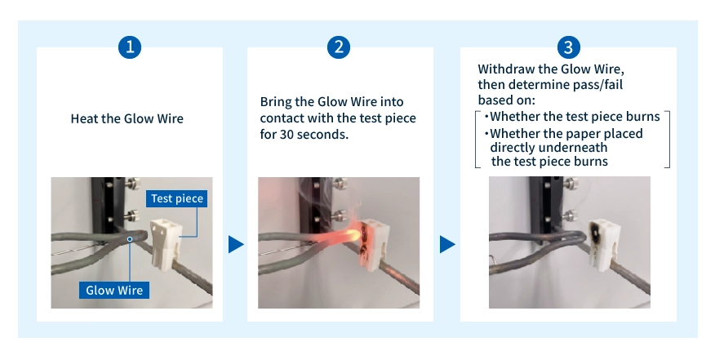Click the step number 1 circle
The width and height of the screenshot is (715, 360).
tap(130, 47)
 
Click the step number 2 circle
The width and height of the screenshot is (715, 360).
tap(339, 47)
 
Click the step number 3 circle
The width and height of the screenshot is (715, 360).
tap(568, 47)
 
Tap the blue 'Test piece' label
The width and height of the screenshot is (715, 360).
tap(177, 198)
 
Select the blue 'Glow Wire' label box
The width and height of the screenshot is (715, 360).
tap(114, 290)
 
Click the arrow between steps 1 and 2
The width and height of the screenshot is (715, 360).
tap(236, 245)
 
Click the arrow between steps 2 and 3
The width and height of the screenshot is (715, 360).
tap(447, 245)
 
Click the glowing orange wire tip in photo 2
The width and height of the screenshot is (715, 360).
tap(353, 234)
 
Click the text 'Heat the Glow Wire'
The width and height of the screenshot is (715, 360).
tap(127, 118)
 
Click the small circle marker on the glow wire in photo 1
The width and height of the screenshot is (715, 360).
tap(130, 239)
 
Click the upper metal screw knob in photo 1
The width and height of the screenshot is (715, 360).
tap(132, 184)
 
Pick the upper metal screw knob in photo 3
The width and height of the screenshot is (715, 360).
tap(570, 184)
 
